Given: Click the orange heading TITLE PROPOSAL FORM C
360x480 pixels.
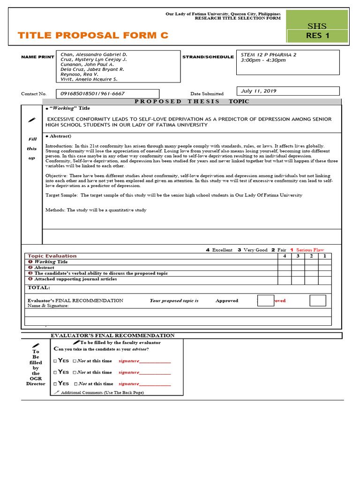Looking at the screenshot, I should click(x=92, y=36).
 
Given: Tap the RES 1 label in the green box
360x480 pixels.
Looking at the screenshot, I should click(x=317, y=36).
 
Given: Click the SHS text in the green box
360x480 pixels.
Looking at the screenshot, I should click(x=317, y=26).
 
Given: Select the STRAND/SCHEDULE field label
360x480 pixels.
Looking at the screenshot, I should click(x=208, y=57).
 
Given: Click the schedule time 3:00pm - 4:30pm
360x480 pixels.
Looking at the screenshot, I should click(x=263, y=60).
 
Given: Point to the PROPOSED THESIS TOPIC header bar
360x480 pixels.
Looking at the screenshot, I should click(x=192, y=101).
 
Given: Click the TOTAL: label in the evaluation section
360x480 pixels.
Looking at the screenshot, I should click(x=39, y=288).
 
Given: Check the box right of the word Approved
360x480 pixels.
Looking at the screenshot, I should click(x=265, y=300).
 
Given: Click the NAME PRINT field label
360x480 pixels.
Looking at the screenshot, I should click(x=38, y=57).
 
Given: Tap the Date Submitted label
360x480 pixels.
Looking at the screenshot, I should click(x=207, y=94).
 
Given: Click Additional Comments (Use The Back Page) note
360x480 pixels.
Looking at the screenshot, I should click(x=102, y=392).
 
